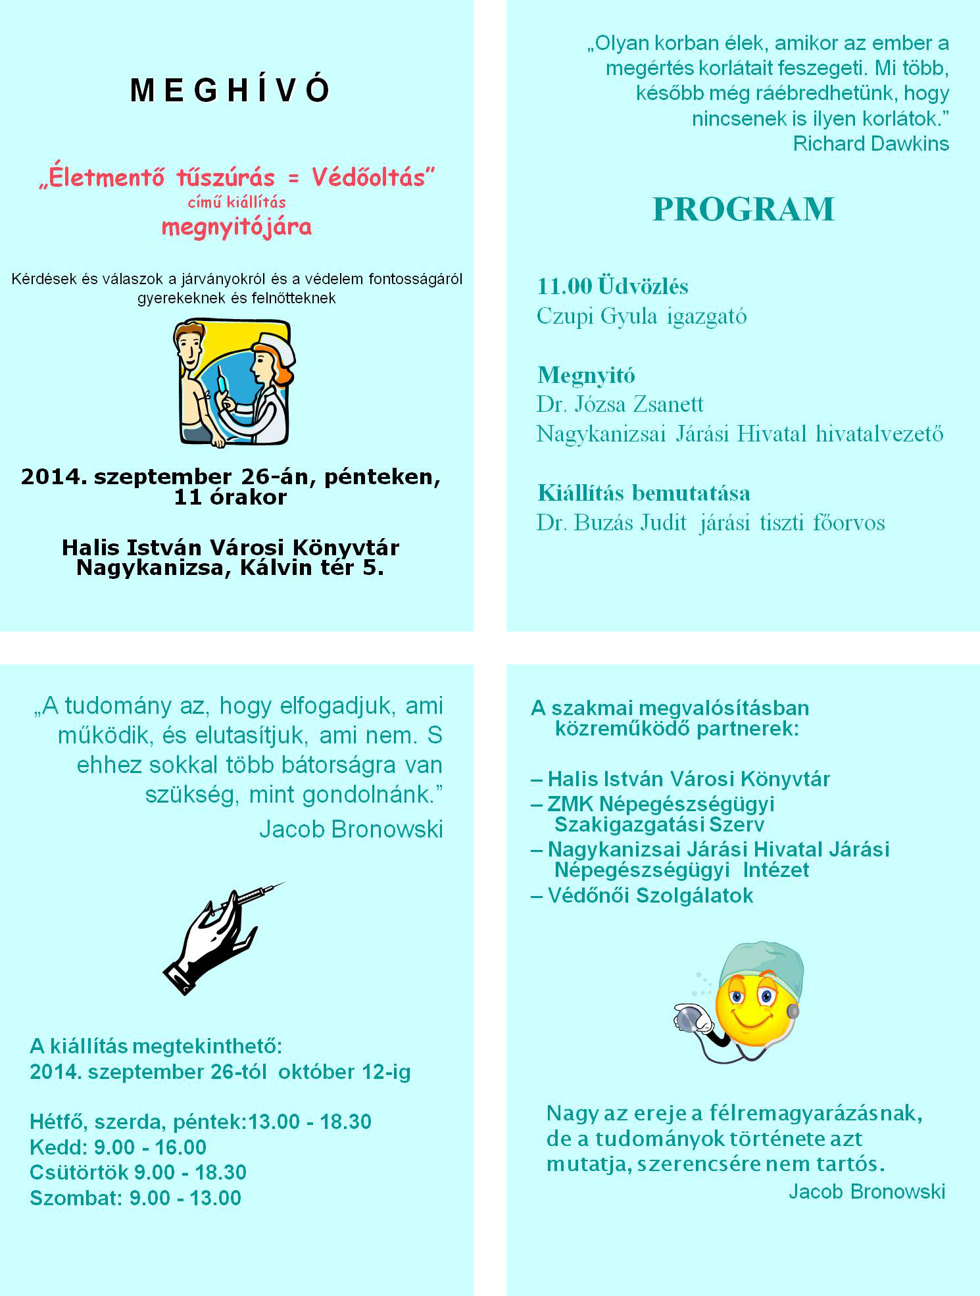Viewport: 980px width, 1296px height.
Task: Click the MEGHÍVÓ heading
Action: tap(230, 90)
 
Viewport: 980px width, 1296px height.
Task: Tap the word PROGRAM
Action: tap(743, 209)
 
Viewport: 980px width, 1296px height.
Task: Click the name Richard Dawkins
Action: tap(870, 143)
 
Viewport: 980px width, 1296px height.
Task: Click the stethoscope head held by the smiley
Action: tap(687, 1018)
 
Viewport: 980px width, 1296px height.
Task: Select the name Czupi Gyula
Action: tap(597, 316)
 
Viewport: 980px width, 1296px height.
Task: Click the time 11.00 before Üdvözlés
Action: tap(564, 286)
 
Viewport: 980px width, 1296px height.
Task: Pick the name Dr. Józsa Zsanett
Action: tap(620, 404)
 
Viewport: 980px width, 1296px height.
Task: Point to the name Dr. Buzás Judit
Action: tap(612, 523)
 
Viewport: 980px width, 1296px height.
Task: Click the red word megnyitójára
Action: tap(237, 227)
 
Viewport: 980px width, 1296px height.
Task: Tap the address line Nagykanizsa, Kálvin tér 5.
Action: tap(230, 568)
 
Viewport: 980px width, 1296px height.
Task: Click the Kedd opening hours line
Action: tap(118, 1147)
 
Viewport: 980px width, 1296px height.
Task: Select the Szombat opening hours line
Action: tap(135, 1198)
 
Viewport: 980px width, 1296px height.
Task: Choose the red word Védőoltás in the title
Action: tap(373, 177)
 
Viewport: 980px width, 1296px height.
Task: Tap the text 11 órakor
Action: tap(230, 497)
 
